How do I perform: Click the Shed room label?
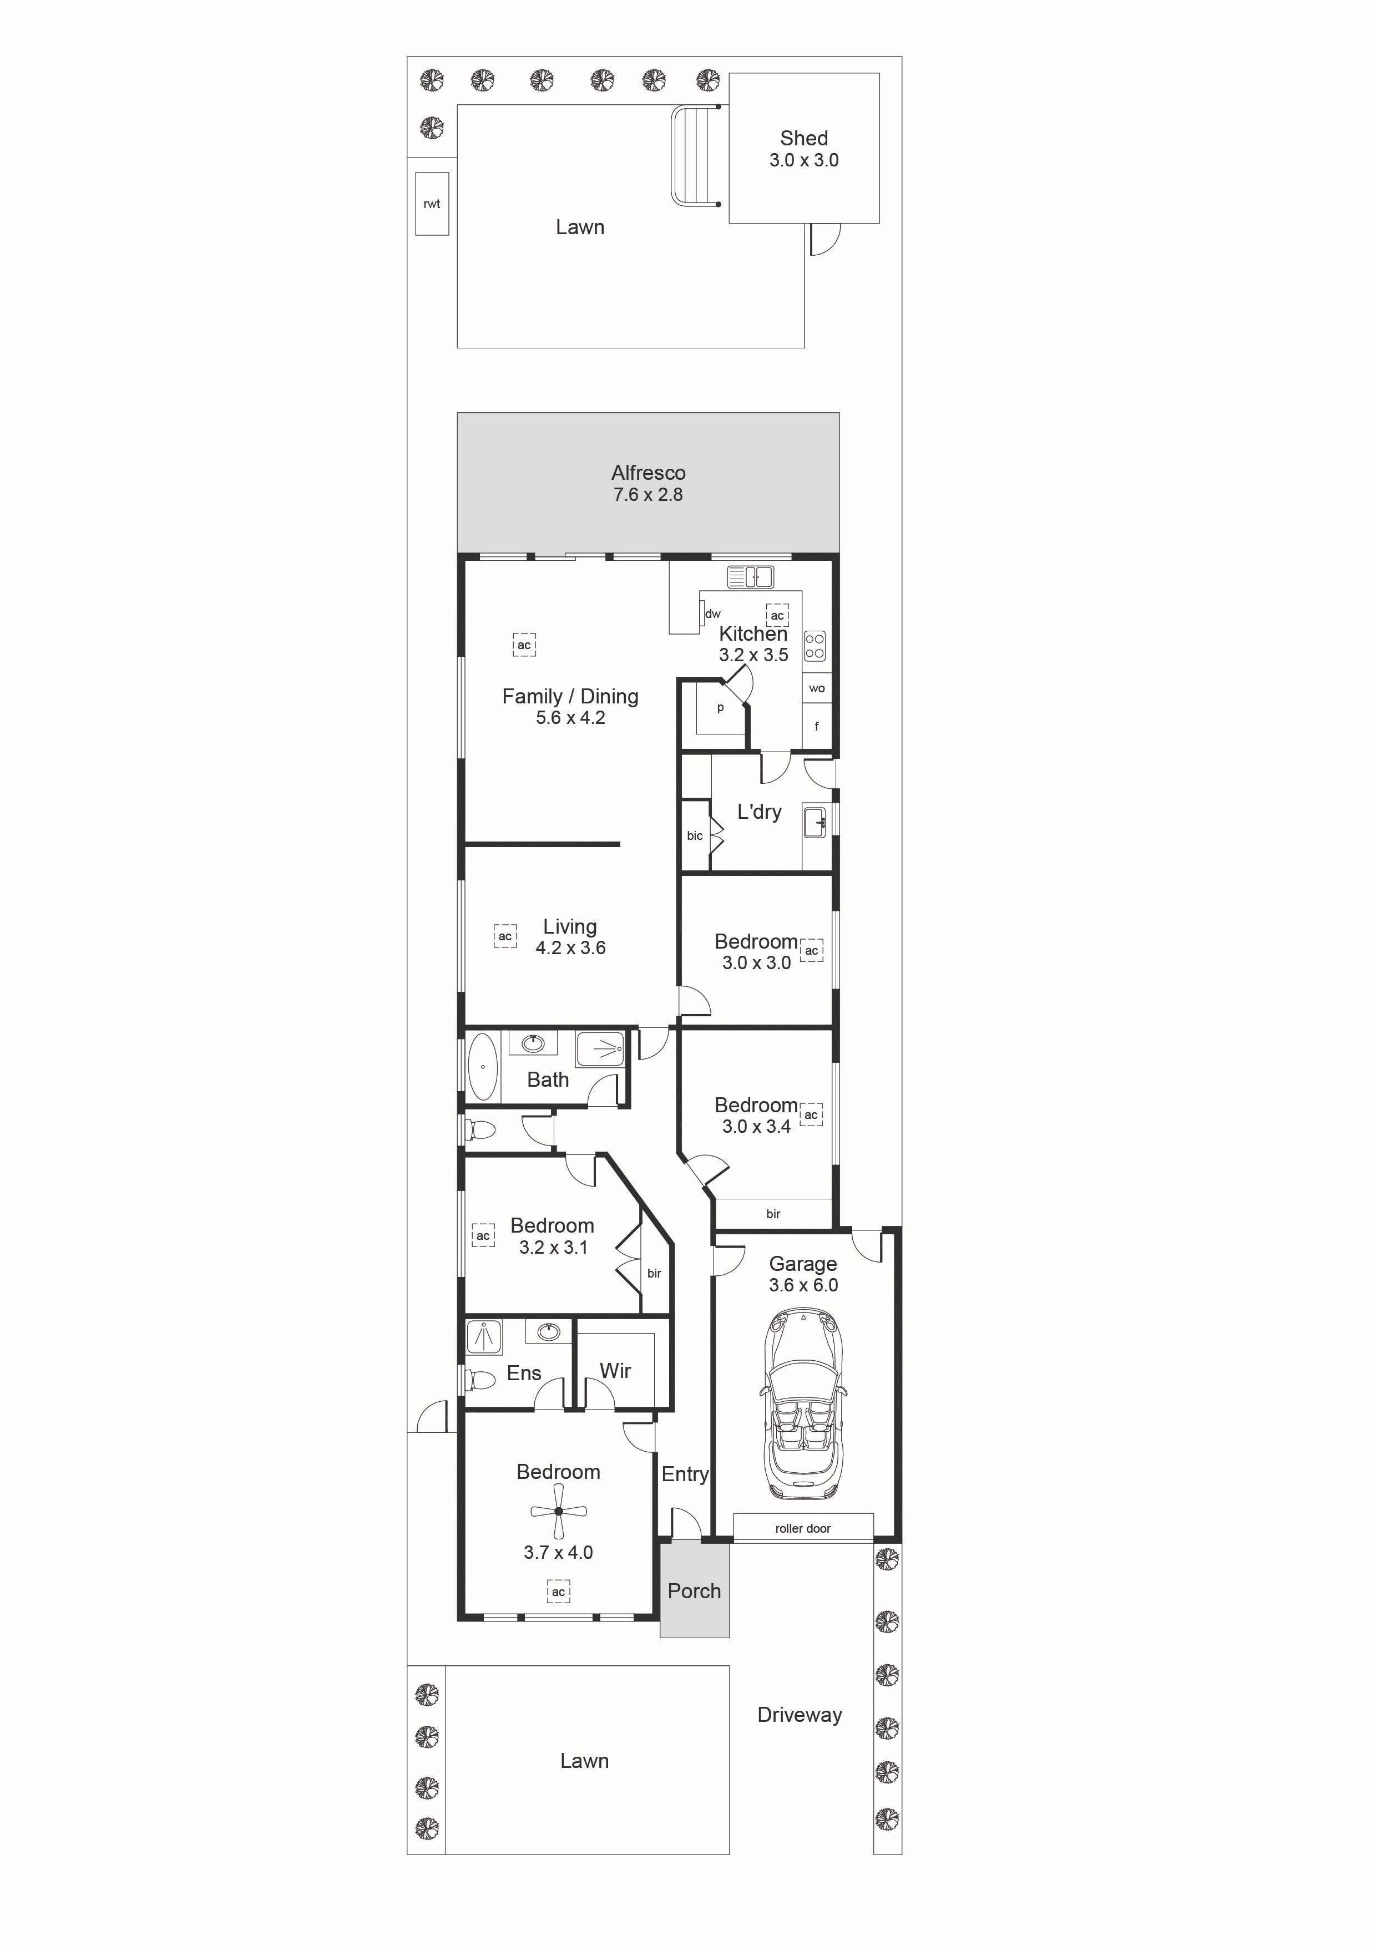coord(804,138)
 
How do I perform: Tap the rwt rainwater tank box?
coord(432,204)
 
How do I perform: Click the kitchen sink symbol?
coord(750,577)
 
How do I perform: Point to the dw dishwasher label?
coord(713,614)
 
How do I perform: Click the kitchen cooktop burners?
coord(815,645)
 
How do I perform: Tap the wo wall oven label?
coord(816,688)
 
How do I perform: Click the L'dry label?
coord(760,812)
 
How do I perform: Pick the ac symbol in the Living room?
coord(505,936)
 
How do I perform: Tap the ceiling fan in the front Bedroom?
coord(559,1511)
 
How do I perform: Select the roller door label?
coord(803,1528)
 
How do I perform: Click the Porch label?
coord(694,1591)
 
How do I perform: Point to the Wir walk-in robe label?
coord(615,1371)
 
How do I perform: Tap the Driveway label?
coord(800,1715)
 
